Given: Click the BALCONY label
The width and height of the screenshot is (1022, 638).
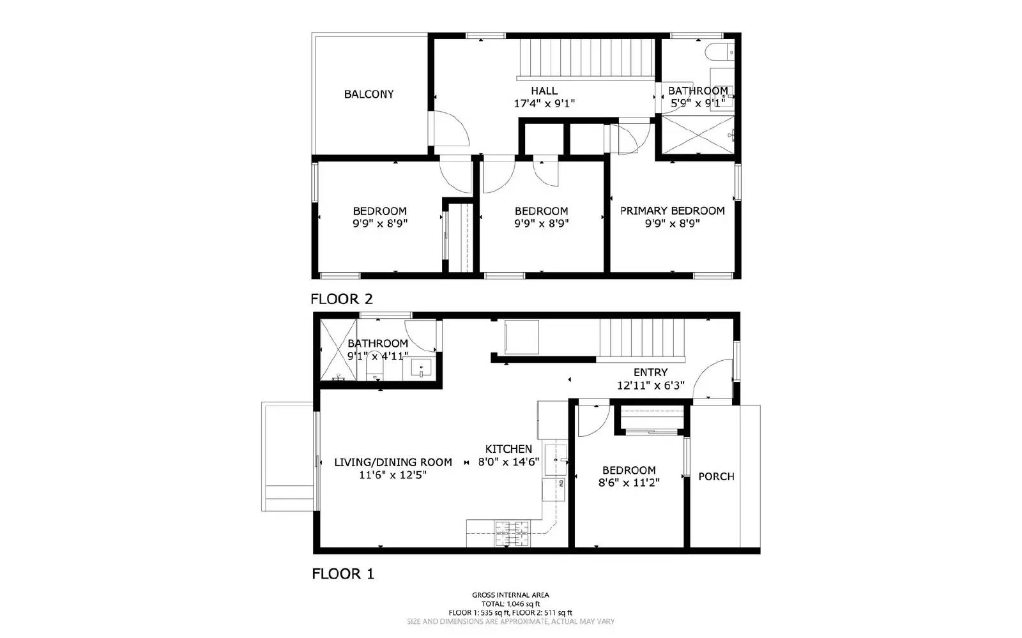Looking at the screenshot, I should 369,95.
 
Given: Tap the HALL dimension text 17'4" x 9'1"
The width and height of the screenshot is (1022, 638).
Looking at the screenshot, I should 544,103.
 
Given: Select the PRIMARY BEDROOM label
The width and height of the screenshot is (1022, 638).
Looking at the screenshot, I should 672,211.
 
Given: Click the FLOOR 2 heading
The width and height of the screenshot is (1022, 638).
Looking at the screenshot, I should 341,299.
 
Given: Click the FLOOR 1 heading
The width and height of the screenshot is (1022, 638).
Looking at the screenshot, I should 342,574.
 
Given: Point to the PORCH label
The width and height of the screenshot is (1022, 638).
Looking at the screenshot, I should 716,476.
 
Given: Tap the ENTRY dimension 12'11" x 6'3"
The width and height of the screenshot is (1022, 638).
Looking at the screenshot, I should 650,386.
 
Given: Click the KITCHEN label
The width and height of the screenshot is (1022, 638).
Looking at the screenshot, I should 508,449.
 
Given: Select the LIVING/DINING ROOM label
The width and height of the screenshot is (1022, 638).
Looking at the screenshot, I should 393,462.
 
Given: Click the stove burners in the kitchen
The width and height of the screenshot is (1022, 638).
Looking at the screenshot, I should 512,534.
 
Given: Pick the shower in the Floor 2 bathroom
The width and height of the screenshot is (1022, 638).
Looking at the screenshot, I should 696,134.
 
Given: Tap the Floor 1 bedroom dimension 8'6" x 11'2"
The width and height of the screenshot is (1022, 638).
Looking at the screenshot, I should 629,483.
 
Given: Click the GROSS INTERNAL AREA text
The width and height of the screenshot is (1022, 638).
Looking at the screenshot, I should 510,595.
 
